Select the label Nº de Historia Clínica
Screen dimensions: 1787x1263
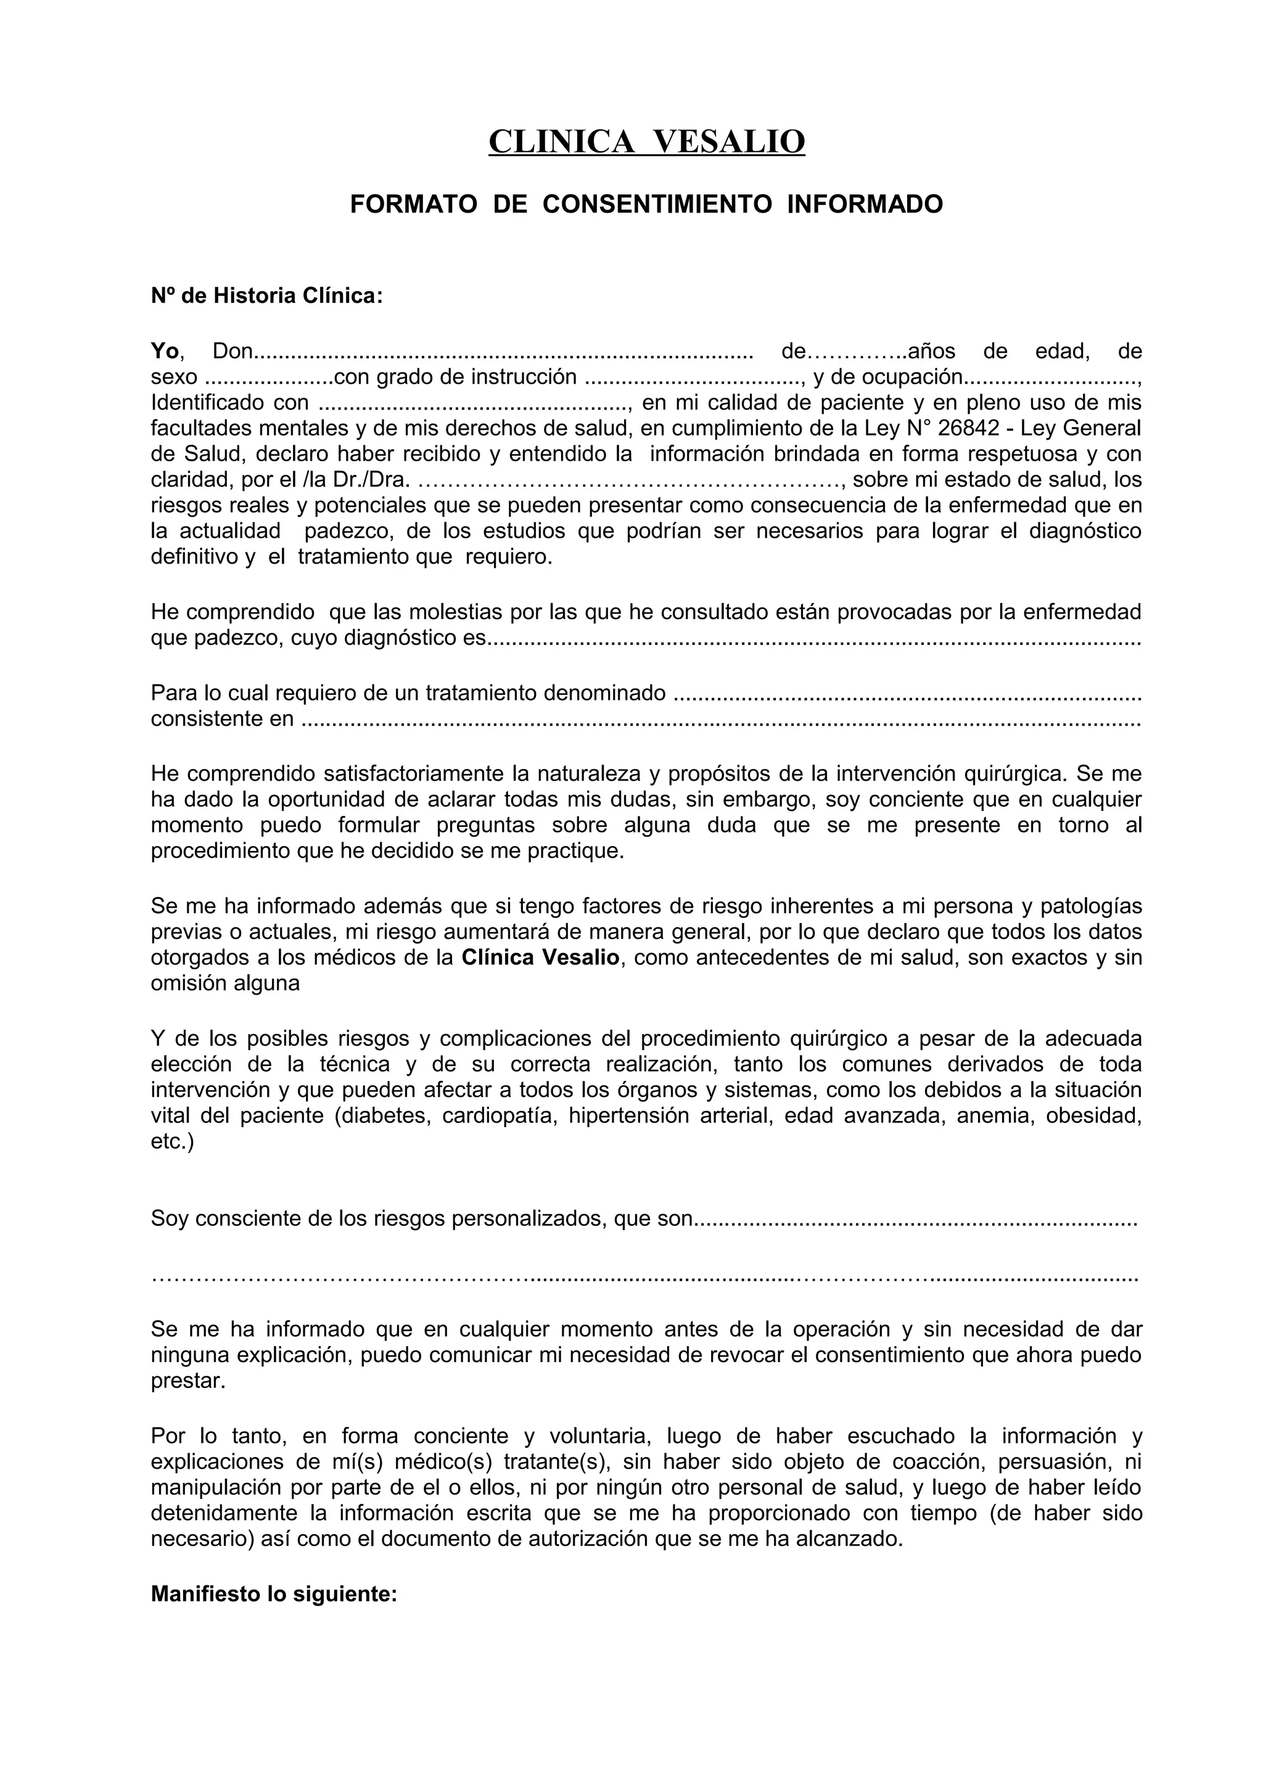point(266,296)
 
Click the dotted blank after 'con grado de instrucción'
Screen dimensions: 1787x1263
point(693,378)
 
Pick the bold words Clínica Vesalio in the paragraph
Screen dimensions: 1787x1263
point(540,957)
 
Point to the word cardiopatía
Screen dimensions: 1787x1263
point(499,1115)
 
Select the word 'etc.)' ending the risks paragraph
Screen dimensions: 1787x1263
point(172,1141)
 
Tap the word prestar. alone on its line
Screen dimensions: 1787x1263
point(187,1381)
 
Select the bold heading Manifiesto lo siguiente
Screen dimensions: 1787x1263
point(274,1594)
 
